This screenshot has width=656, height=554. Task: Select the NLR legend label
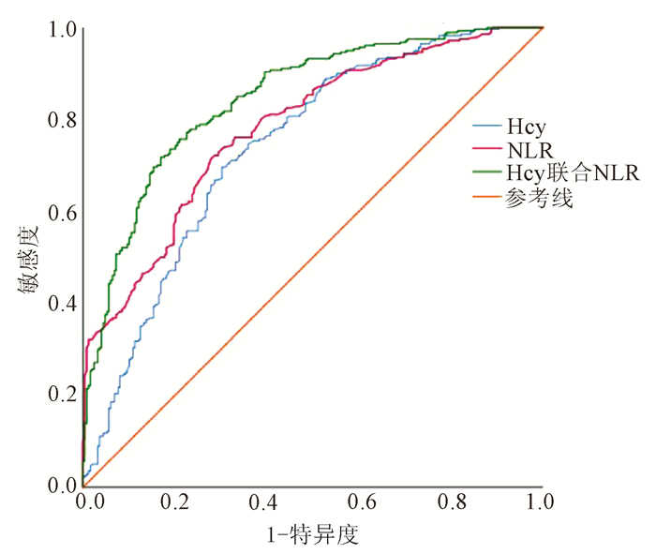coord(524,148)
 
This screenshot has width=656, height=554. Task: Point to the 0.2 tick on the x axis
coord(175,503)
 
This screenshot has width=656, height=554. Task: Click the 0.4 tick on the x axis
coord(267,503)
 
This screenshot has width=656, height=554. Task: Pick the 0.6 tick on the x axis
coord(359,503)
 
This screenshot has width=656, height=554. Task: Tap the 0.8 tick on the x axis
coord(451,503)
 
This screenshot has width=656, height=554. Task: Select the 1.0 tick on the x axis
coord(542,503)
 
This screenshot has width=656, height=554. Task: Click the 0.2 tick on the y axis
coord(61,394)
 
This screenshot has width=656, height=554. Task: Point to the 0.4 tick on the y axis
coord(61,303)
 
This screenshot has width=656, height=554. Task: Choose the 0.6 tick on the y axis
coord(61,212)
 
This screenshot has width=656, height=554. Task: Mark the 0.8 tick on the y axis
coord(61,121)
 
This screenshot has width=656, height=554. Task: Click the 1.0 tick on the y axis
coord(61,30)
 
